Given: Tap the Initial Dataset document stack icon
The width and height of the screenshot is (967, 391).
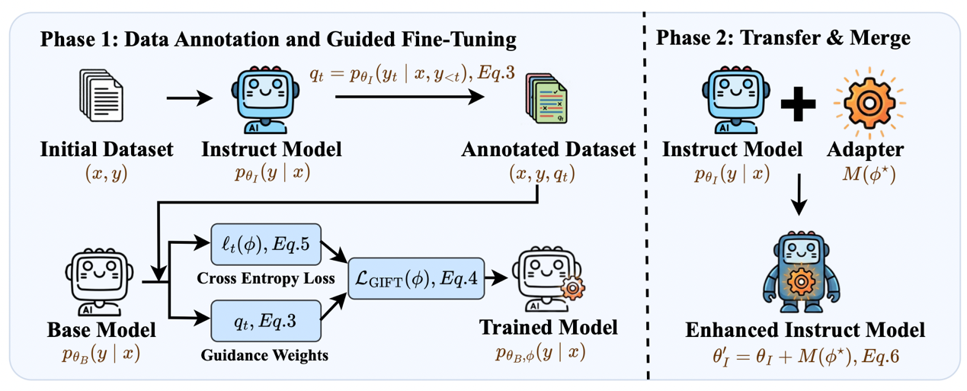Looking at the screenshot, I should (100, 97).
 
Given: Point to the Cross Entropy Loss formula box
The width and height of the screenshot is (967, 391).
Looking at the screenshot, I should (267, 243).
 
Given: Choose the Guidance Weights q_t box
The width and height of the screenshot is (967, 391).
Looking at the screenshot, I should (267, 320).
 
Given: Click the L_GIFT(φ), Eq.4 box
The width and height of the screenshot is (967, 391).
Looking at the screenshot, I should (415, 279).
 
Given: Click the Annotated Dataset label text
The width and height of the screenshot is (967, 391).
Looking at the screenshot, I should (548, 150).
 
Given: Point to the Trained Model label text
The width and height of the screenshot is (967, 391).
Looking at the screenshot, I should (547, 329).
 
